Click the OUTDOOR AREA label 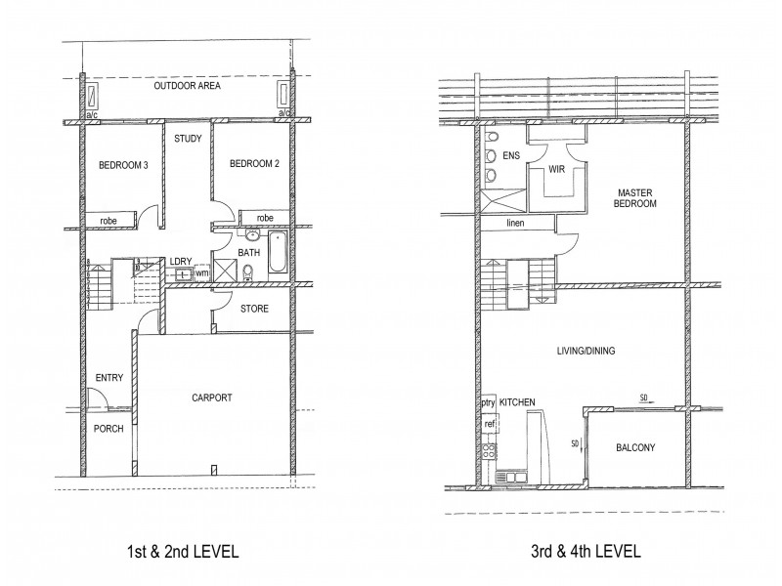187,87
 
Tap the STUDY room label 188,139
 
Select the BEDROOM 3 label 123,165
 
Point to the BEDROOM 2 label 255,165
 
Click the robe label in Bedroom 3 108,222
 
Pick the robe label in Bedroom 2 264,218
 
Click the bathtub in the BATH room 276,254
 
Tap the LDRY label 180,261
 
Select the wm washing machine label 201,273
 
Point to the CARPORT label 212,398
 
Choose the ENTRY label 108,378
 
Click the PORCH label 109,429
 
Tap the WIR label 558,168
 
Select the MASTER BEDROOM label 635,198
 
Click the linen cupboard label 516,224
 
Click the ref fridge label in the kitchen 489,424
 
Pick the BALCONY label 635,448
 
